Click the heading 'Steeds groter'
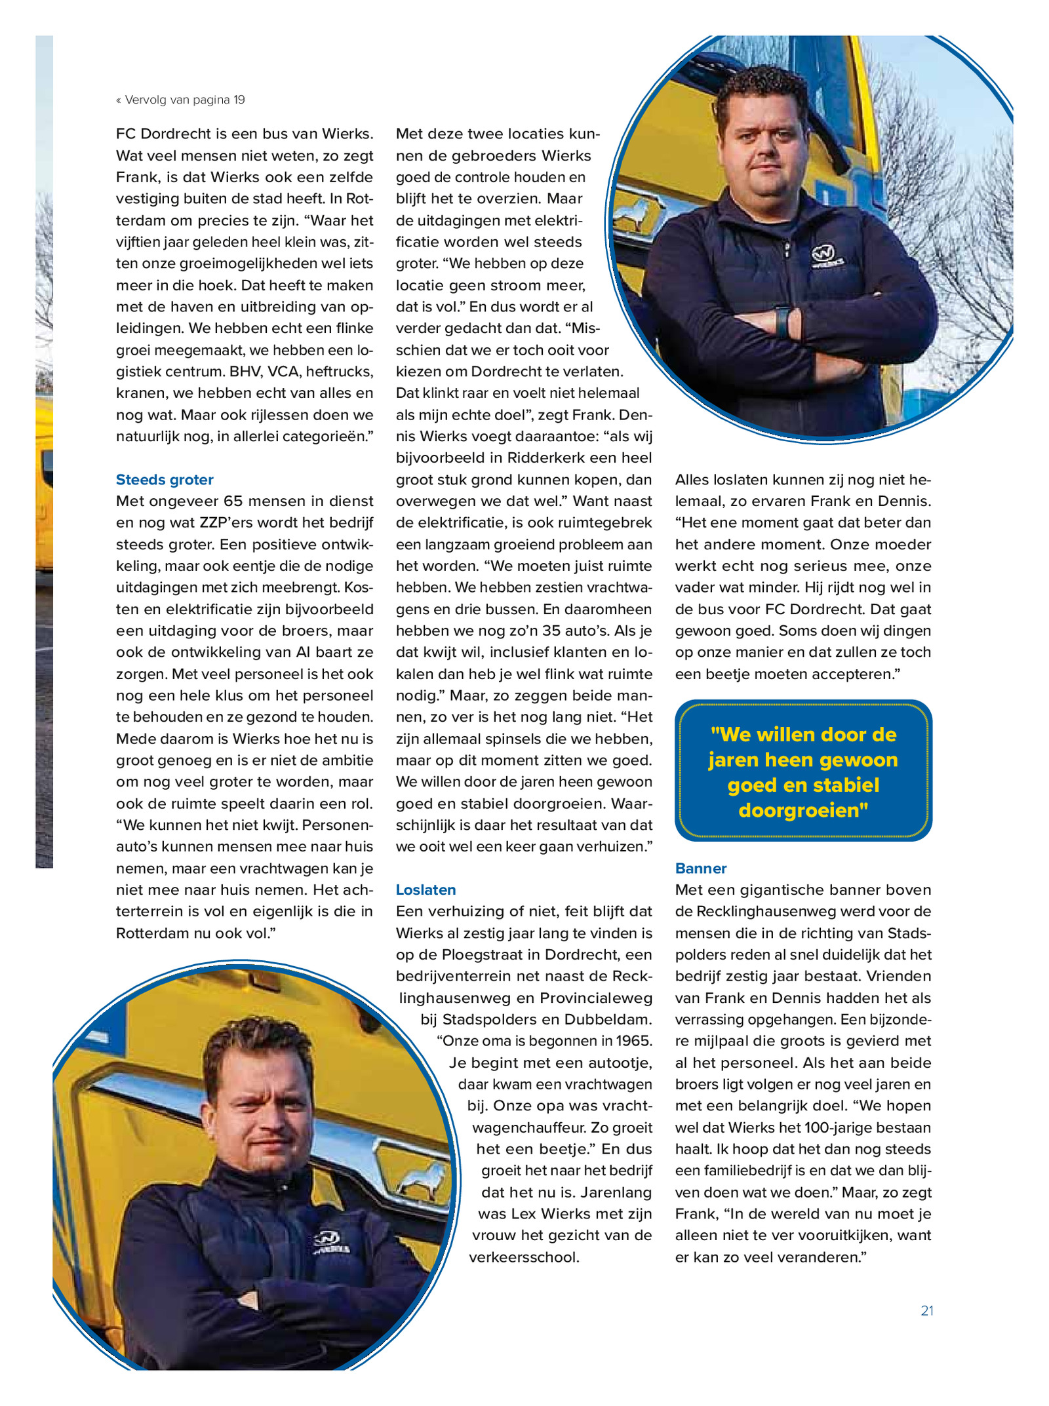(165, 479)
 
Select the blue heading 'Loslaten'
(426, 889)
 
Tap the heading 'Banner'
(701, 868)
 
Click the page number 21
(926, 1310)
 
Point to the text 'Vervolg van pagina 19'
(184, 100)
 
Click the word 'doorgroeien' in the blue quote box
(802, 810)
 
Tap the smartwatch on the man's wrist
(782, 322)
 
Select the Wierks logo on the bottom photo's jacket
(332, 1242)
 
